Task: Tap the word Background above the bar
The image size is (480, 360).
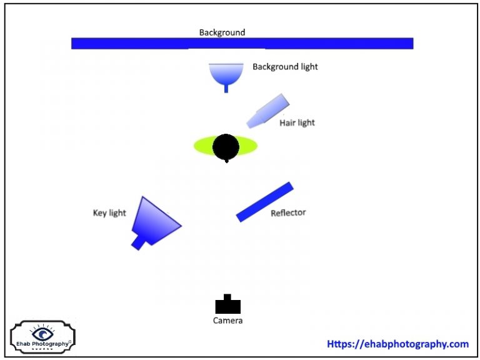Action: (222, 32)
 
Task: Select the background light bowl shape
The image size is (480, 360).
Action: (226, 72)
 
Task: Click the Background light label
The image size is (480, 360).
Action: (285, 66)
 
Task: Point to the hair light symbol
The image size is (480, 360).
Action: (268, 111)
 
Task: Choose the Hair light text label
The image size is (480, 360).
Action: (297, 122)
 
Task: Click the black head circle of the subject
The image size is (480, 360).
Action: (226, 147)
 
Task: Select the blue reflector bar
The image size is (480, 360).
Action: (264, 201)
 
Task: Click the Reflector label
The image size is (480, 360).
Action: (288, 213)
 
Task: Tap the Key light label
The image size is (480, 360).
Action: (109, 213)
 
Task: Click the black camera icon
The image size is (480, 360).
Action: (227, 305)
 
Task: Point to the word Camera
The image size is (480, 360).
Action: (227, 321)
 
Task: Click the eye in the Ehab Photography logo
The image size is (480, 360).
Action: (42, 333)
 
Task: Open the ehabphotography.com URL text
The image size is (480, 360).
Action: (397, 344)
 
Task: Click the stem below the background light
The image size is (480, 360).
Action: (226, 88)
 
